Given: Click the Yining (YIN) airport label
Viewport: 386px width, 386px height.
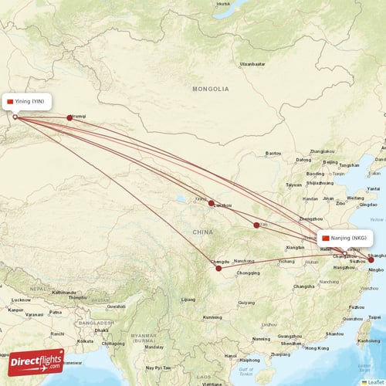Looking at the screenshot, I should click(x=29, y=102).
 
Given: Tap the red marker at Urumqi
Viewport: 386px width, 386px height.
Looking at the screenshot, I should click(x=69, y=117).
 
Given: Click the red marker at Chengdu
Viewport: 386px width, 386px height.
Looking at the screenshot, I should click(x=218, y=269).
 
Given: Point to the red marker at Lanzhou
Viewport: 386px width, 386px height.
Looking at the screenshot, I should click(x=211, y=203).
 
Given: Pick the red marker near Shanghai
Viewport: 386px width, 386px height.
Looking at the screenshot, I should click(x=371, y=260).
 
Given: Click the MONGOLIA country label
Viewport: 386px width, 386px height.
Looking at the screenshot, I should click(x=211, y=90).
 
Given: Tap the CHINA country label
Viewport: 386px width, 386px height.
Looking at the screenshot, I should click(x=203, y=232).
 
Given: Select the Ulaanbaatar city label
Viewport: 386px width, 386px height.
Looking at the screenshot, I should click(x=252, y=63).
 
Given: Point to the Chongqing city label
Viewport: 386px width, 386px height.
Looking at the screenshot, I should click(x=249, y=273).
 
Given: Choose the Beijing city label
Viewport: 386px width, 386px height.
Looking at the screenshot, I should click(x=330, y=163).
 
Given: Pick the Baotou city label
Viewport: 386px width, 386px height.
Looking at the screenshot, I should click(x=273, y=154).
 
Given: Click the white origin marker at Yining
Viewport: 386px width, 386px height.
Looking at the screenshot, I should click(x=15, y=117).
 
